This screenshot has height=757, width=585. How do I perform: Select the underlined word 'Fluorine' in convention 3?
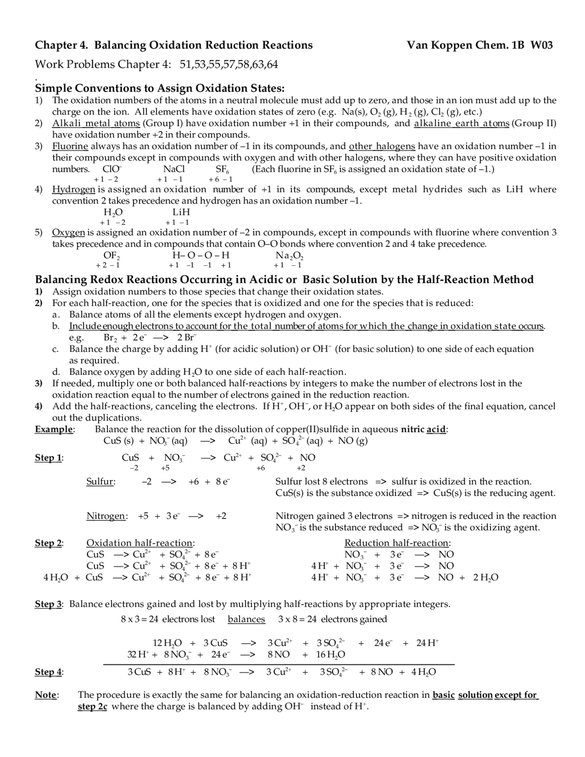pyautogui.click(x=70, y=146)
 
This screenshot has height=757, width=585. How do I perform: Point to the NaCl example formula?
pyautogui.click(x=174, y=169)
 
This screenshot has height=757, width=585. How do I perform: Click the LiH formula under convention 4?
pyautogui.click(x=181, y=212)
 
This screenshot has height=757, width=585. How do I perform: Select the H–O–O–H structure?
pyautogui.click(x=201, y=256)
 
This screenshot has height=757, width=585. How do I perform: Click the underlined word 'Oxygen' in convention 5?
pyautogui.click(x=68, y=232)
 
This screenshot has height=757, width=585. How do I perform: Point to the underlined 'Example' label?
pyautogui.click(x=54, y=429)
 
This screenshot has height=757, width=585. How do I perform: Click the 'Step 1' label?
pyautogui.click(x=48, y=458)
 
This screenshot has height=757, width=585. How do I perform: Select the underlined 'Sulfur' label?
pyautogui.click(x=100, y=481)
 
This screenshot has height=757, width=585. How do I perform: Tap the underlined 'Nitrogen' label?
pyautogui.click(x=106, y=516)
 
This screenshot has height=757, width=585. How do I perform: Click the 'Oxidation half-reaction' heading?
pyautogui.click(x=140, y=543)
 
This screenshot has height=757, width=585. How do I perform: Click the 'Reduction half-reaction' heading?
pyautogui.click(x=397, y=543)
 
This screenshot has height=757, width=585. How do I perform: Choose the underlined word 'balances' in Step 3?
pyautogui.click(x=246, y=619)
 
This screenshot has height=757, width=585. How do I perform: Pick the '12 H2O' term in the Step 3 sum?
pyautogui.click(x=167, y=643)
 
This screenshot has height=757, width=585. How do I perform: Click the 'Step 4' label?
pyautogui.click(x=48, y=672)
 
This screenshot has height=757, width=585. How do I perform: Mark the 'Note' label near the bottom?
pyautogui.click(x=46, y=695)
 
